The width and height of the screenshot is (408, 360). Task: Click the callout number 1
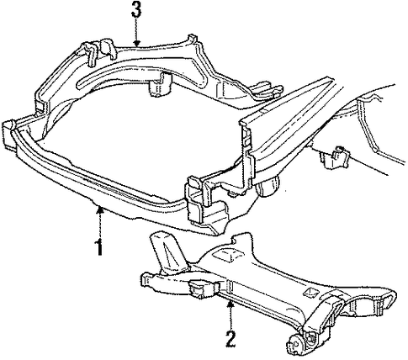point(99,247)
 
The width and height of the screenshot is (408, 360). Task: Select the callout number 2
point(230,339)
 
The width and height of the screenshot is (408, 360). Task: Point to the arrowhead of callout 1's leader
point(99,208)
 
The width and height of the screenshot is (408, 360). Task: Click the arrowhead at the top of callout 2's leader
point(230,303)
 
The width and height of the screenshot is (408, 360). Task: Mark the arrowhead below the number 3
point(136,44)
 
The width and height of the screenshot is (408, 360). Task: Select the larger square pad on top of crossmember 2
point(225,255)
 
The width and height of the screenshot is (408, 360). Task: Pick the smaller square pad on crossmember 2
point(310,292)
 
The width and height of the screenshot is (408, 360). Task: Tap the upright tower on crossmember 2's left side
point(166,252)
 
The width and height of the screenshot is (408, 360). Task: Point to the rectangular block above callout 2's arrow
point(204,289)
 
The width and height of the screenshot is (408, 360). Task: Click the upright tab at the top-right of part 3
point(193,40)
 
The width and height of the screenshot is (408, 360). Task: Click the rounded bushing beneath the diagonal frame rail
point(268,187)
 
